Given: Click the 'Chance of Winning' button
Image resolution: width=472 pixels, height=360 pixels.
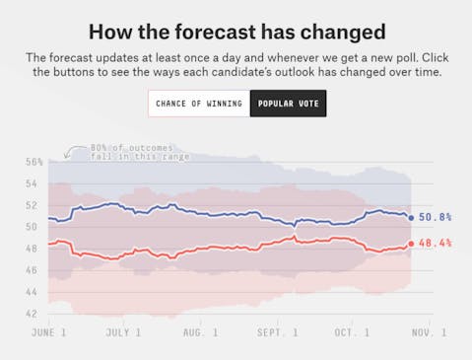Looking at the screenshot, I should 198,103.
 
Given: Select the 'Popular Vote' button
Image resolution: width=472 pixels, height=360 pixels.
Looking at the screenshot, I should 287,103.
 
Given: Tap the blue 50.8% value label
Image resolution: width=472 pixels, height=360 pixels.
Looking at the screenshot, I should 435,217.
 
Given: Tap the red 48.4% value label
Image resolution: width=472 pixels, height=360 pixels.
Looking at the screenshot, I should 435,243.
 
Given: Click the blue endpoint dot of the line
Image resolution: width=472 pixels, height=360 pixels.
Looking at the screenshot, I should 411,217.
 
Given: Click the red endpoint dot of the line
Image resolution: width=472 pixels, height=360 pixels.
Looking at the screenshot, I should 411,243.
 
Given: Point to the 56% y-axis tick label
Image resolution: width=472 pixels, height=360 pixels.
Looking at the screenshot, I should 34,162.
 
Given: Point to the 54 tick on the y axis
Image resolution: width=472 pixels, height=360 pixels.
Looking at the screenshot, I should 32,183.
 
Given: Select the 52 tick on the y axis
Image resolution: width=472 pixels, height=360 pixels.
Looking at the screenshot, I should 32,205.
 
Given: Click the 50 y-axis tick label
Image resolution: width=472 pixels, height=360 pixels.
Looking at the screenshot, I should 32,227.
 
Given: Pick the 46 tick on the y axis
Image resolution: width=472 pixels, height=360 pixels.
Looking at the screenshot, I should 32,270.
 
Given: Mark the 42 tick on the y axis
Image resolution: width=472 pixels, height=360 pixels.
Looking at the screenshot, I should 32,314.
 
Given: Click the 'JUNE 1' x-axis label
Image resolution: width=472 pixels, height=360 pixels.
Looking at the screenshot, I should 48,333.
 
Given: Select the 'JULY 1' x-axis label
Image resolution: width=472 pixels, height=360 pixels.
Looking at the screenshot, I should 123,333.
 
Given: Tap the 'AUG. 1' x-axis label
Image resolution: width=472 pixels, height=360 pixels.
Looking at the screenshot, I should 200,333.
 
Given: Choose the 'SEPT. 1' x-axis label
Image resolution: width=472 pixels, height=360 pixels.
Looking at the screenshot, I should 277,333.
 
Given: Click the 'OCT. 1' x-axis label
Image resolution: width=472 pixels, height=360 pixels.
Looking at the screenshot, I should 351,333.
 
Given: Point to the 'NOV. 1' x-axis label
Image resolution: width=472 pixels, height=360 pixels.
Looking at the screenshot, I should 428,333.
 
